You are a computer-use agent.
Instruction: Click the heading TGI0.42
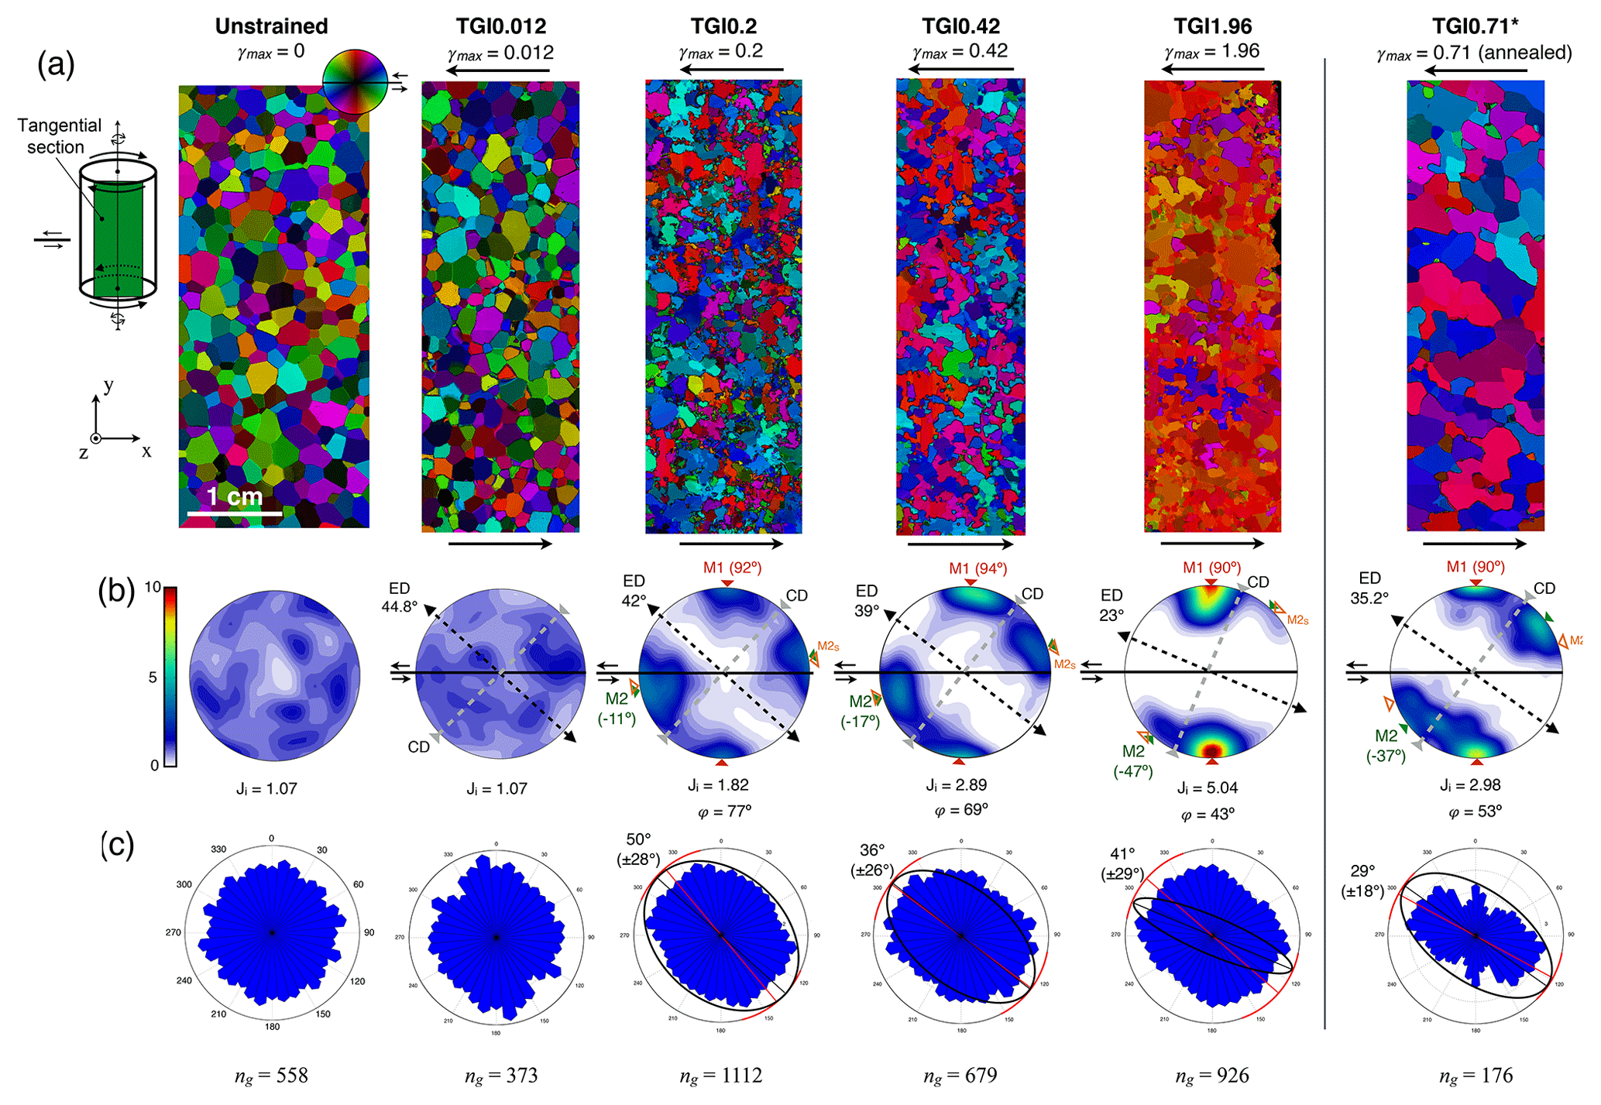pyautogui.click(x=960, y=26)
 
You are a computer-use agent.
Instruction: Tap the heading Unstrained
pyautogui.click(x=271, y=26)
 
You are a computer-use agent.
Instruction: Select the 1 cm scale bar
pyautogui.click(x=235, y=512)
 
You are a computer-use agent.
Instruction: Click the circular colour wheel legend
pyautogui.click(x=354, y=81)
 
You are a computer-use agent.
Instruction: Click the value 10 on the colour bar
pyautogui.click(x=153, y=587)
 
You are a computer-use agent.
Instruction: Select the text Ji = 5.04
pyautogui.click(x=1207, y=788)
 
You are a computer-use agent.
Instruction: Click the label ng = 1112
pyautogui.click(x=720, y=1076)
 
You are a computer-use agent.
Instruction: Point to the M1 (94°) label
pyautogui.click(x=977, y=568)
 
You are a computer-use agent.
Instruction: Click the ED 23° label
pyautogui.click(x=1111, y=605)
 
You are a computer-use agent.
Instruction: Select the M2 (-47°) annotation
pyautogui.click(x=1133, y=761)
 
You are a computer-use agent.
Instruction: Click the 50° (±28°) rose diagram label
pyautogui.click(x=639, y=849)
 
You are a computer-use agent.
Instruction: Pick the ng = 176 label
pyautogui.click(x=1476, y=1076)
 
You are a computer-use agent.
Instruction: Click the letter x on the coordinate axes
pyautogui.click(x=146, y=451)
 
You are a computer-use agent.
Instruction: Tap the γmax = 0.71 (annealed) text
pyautogui.click(x=1474, y=53)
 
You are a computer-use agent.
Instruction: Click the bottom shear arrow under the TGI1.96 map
pyautogui.click(x=1212, y=544)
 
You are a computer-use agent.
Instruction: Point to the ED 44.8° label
pyautogui.click(x=399, y=597)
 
